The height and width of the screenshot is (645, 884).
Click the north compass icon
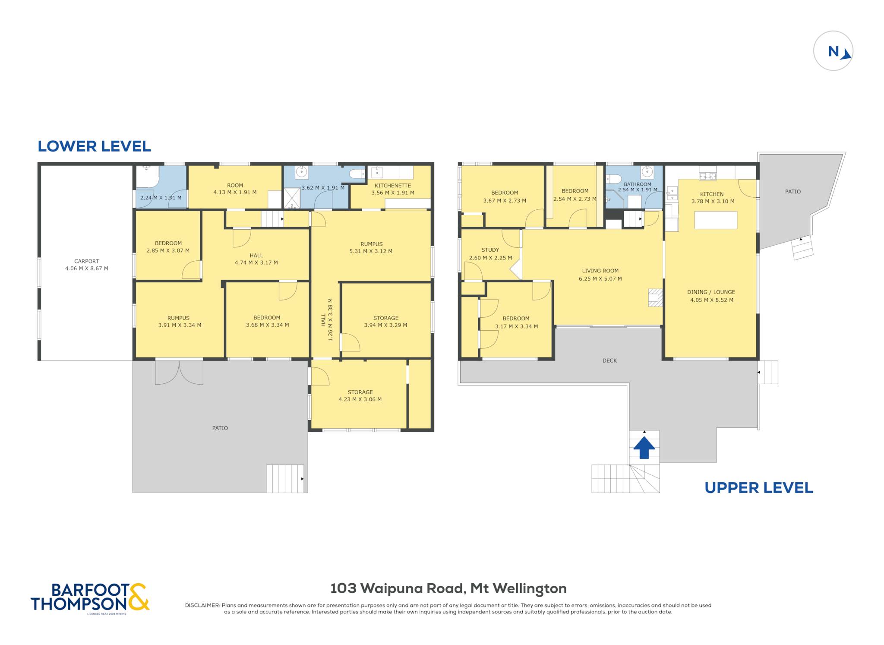833,51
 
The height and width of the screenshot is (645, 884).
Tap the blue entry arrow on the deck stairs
644,447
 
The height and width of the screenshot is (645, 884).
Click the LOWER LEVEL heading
94,146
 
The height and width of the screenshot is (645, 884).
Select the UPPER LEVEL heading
759,488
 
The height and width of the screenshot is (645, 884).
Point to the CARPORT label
86,261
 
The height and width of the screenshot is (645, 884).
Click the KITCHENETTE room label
393,186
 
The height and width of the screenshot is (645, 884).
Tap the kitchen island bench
716,220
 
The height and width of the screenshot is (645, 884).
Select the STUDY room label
490,250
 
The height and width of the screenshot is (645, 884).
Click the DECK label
609,360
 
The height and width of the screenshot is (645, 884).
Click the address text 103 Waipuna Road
397,588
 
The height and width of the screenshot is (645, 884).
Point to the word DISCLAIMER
202,605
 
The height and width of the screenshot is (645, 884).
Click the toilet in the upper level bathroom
613,179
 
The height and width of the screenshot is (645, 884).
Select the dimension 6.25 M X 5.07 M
600,279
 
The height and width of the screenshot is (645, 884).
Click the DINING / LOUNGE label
711,292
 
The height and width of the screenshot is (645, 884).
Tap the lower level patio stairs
285,479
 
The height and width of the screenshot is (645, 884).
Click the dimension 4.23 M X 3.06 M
360,399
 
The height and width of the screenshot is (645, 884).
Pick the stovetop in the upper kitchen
707,176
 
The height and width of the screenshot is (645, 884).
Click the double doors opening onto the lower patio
179,372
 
